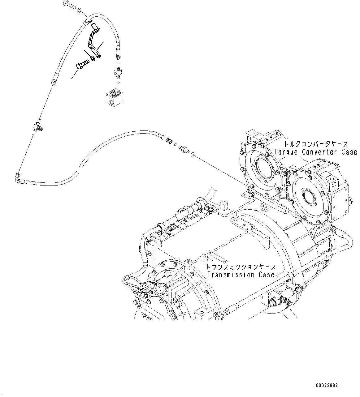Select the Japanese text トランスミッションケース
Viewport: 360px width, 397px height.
pos(241,267)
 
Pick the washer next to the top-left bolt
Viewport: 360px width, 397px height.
pos(79,11)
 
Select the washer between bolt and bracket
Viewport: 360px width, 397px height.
pos(92,58)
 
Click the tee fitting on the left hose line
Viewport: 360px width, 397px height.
pos(38,126)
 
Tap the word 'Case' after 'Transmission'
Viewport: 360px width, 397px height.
pos(267,275)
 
